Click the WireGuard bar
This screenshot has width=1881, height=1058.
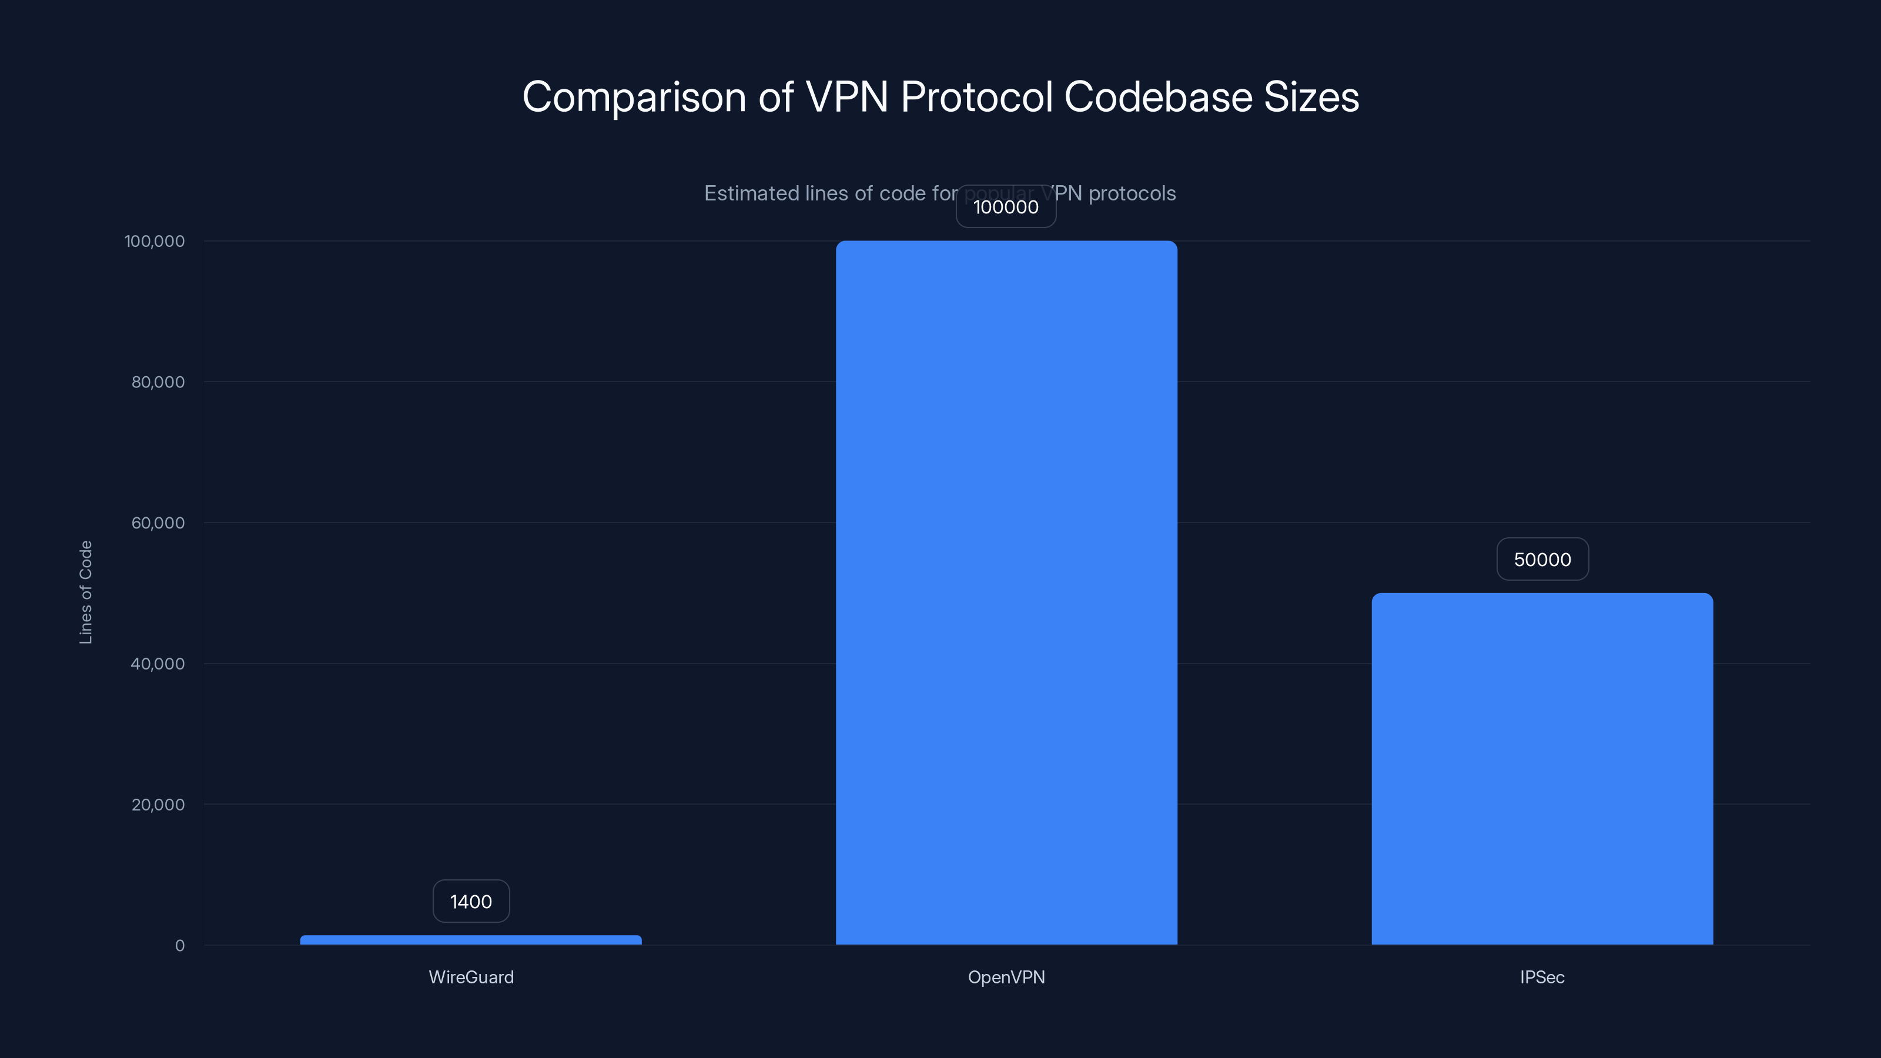tap(470, 940)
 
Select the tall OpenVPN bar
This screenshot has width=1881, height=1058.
tap(1006, 592)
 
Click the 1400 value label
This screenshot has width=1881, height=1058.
tap(471, 901)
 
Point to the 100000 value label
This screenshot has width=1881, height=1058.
tap(1006, 207)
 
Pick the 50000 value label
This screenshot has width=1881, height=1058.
tap(1542, 560)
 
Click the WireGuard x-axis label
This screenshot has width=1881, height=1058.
tap(471, 977)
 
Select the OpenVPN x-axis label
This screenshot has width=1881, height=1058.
tap(1006, 977)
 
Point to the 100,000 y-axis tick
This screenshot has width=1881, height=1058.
tap(155, 241)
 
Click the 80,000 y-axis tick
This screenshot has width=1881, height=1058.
tap(158, 382)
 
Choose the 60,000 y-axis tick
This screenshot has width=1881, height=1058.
tap(158, 523)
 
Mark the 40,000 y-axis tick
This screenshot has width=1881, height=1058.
tap(158, 664)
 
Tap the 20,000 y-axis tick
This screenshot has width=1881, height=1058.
tap(158, 805)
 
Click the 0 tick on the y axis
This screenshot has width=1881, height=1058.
tap(180, 946)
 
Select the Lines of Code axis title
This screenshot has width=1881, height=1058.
tap(85, 592)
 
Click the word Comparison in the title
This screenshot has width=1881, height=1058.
tap(634, 97)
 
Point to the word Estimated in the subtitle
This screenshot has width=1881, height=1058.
tap(751, 193)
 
